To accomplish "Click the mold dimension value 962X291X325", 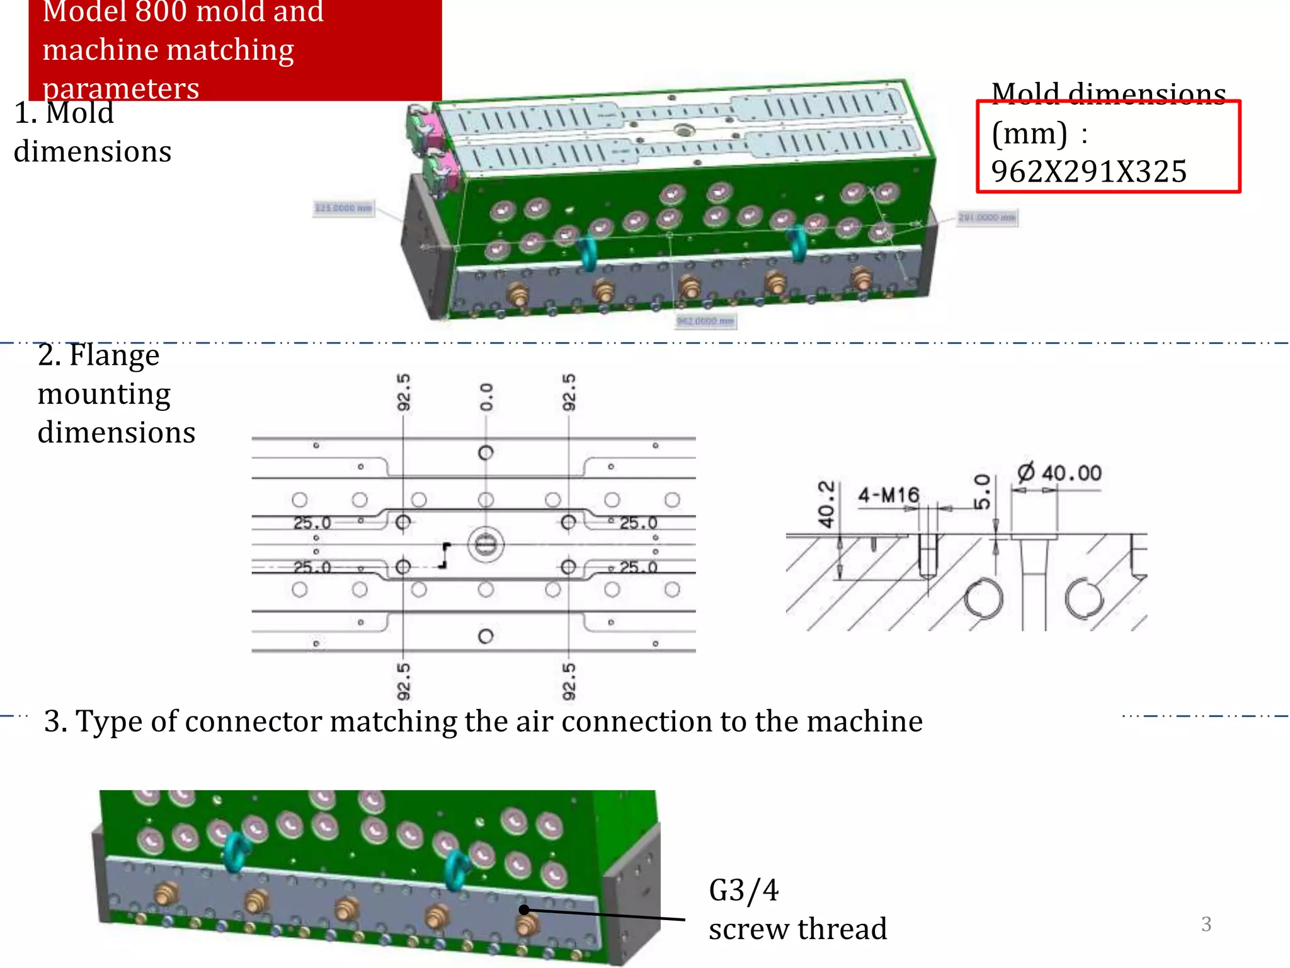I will (1088, 171).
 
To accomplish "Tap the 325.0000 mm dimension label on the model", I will (343, 208).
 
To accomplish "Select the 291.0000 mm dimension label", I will (986, 217).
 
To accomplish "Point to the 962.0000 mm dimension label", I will (705, 321).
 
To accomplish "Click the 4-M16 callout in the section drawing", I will (888, 495).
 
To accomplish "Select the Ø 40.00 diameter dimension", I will (1059, 473).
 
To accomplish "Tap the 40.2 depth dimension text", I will (826, 504).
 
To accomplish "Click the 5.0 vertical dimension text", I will (982, 492).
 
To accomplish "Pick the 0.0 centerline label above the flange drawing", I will (486, 397).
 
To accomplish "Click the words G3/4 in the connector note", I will (743, 890).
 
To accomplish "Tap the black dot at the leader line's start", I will (524, 909).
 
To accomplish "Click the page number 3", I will (1206, 924).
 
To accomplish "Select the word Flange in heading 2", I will (114, 355).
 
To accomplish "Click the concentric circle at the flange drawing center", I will (486, 544).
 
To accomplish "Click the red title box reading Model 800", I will (235, 49).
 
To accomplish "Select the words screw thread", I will (797, 929).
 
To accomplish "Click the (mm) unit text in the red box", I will (1029, 134).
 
